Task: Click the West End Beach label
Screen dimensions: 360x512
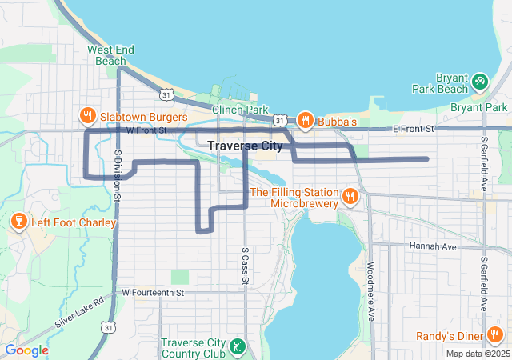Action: pos(106,55)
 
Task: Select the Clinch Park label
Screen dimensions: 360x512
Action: pos(239,109)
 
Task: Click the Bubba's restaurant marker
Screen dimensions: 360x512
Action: pos(305,121)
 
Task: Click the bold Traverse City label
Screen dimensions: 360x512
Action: pos(245,146)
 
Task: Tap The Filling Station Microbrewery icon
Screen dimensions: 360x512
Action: pos(350,197)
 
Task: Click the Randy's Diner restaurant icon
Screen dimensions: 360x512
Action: pos(495,335)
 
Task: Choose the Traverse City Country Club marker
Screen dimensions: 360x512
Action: pos(237,347)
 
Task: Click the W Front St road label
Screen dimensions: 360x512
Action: pos(144,130)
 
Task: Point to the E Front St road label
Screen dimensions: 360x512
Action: pos(413,128)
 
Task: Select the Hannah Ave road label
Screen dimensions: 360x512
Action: pos(433,247)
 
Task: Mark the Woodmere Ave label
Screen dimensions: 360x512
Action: pos(371,292)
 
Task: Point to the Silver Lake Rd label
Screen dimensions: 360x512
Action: pos(80,312)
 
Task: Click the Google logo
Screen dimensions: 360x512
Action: pos(26,350)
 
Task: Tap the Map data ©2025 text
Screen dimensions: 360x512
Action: pos(477,354)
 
